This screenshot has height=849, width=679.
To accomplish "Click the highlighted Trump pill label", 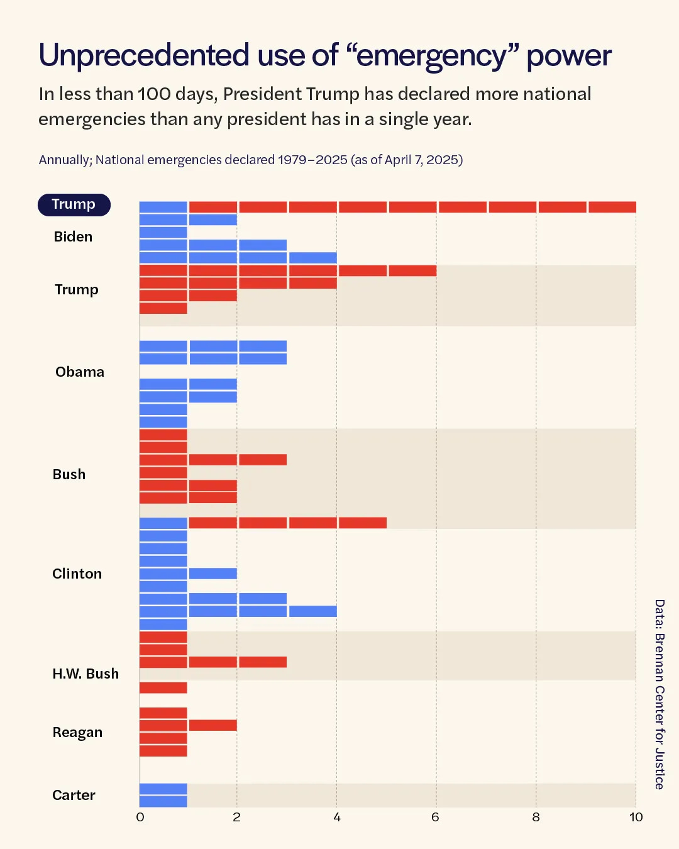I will click(74, 205).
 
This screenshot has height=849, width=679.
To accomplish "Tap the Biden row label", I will click(73, 237).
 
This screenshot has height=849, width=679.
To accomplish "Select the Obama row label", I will click(80, 372).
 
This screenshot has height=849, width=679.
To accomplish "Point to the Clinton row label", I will click(77, 574).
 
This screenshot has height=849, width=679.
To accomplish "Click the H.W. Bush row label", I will click(86, 674).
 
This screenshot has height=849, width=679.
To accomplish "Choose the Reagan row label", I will click(77, 733).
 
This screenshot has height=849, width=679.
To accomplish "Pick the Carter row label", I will click(74, 796).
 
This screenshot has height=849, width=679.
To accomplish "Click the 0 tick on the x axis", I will click(140, 818).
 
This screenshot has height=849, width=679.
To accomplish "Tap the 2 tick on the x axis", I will click(237, 818).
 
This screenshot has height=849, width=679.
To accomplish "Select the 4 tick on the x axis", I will click(337, 818).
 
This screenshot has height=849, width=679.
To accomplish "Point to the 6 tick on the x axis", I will click(435, 818).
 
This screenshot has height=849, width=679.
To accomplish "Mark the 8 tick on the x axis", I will click(536, 818).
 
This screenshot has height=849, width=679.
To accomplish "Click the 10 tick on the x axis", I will click(636, 818).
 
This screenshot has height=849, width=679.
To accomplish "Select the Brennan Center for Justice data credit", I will click(660, 694).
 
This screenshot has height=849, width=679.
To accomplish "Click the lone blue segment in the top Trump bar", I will click(163, 207).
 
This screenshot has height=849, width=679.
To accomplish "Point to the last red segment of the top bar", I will click(612, 207).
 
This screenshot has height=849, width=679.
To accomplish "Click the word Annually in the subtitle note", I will click(65, 160).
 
